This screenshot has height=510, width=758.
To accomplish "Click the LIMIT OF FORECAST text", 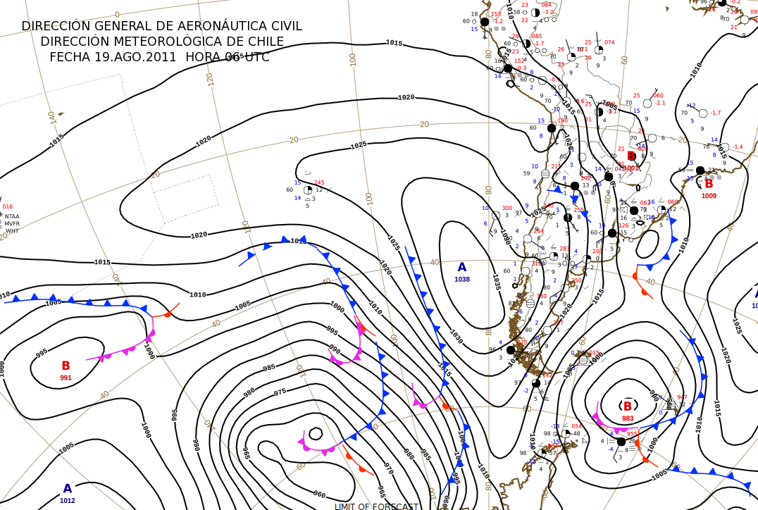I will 376,506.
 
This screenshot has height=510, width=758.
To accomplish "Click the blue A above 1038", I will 462,268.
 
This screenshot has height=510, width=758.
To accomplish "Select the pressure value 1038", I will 462,280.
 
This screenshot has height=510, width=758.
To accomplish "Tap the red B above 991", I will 66,366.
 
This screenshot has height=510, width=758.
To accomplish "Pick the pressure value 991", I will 66,378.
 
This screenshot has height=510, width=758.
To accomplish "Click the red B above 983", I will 627,406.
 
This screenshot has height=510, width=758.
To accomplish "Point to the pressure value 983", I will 628,418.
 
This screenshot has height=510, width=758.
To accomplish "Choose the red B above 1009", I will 709,184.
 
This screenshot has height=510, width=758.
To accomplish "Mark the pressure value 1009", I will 709,196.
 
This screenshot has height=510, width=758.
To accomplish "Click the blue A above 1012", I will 68,489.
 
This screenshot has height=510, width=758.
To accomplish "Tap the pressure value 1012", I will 68,501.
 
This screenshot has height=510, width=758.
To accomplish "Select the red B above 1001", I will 631,156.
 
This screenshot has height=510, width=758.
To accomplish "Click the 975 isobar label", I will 280,392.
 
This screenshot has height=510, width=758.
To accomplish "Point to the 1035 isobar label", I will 497,282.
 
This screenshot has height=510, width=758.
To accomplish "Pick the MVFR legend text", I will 12,223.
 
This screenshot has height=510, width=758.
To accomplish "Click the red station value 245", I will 319,182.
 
